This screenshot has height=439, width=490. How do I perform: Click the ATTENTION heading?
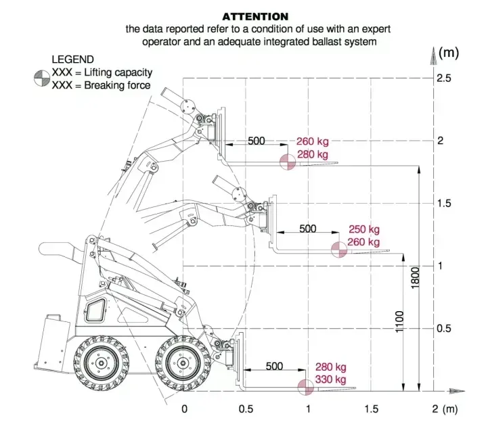[x=255, y=16]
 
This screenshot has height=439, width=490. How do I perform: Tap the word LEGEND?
[x=72, y=60]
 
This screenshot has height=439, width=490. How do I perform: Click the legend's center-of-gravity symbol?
[x=42, y=78]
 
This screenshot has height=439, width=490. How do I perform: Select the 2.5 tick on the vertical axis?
[x=444, y=78]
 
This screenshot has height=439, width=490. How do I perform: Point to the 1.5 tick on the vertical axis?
[x=444, y=203]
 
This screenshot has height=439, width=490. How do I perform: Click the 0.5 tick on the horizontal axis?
[x=246, y=409]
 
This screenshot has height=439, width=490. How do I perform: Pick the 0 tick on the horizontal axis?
[x=184, y=409]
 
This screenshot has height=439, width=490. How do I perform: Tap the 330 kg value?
[x=331, y=379]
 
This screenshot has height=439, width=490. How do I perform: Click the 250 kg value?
[x=364, y=229]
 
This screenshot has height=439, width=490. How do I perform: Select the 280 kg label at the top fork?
[x=313, y=154]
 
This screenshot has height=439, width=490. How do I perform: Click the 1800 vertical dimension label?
[x=415, y=278]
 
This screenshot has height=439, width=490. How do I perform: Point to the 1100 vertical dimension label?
[x=399, y=321]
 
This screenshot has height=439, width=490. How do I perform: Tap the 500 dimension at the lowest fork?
[x=274, y=366]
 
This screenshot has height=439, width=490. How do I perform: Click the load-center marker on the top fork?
[x=288, y=162]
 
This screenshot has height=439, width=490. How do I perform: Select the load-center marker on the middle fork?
[x=339, y=250]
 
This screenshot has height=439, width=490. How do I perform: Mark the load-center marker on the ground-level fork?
[x=305, y=388]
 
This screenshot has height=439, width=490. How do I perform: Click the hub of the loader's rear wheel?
[x=102, y=363]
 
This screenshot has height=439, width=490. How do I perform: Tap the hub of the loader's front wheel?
[x=183, y=363]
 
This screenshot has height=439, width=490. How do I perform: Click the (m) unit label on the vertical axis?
[x=449, y=53]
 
